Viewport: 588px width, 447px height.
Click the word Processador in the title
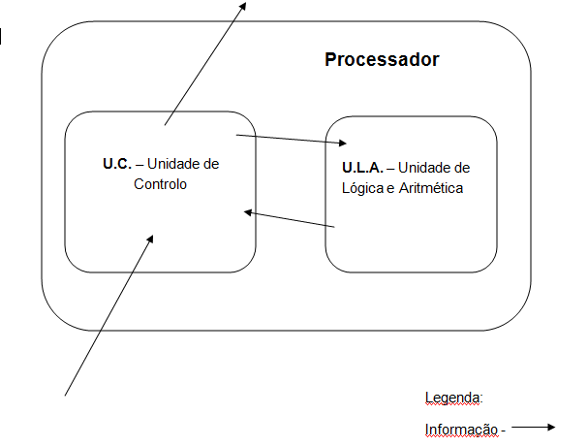point(382,60)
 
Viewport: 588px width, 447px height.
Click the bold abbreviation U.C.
point(117,163)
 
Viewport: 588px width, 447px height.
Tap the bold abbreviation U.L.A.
point(362,168)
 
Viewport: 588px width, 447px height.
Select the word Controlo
point(160,183)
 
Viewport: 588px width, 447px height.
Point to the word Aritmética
point(431,188)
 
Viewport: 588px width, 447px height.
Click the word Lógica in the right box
point(362,188)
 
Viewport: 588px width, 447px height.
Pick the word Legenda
point(453,398)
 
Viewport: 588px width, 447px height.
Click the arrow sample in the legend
point(533,427)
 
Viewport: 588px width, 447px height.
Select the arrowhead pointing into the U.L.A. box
point(341,144)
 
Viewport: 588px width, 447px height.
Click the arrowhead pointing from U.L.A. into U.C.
point(248,212)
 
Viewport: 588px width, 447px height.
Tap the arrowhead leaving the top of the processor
point(243,5)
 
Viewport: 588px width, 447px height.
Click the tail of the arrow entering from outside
point(66,395)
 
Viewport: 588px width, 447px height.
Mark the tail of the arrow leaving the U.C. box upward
point(166,124)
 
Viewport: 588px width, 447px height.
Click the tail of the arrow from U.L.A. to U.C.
point(334,227)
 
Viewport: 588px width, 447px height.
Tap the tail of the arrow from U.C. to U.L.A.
point(237,136)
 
